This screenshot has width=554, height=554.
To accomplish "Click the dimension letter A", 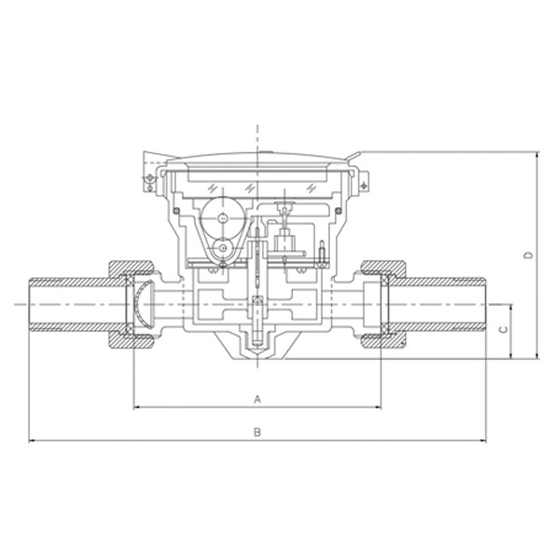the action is pyautogui.click(x=257, y=399).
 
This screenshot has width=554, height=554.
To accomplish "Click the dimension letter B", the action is pyautogui.click(x=257, y=432).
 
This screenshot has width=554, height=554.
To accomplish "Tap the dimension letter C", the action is pyautogui.click(x=505, y=329).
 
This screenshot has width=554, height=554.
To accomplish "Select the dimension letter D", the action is pyautogui.click(x=528, y=256).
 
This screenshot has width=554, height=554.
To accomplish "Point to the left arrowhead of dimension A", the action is pyautogui.click(x=138, y=408).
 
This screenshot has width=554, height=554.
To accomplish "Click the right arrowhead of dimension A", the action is pyautogui.click(x=377, y=408).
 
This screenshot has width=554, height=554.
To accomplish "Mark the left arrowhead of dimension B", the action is pyautogui.click(x=33, y=440).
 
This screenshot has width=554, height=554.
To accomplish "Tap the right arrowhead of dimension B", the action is pyautogui.click(x=481, y=440).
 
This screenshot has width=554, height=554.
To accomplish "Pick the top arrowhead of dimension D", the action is pyautogui.click(x=537, y=156).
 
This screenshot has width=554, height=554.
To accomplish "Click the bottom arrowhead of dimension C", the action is pyautogui.click(x=511, y=354).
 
